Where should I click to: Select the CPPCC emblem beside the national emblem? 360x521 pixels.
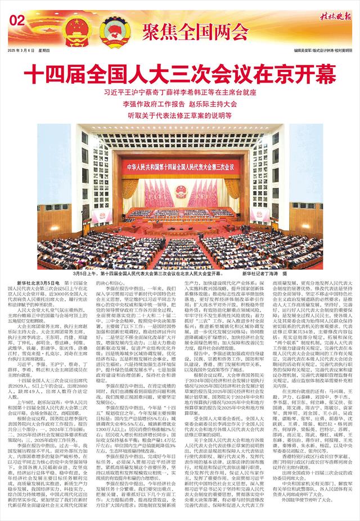(111, 28)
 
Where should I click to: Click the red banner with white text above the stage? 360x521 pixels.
(180, 167)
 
